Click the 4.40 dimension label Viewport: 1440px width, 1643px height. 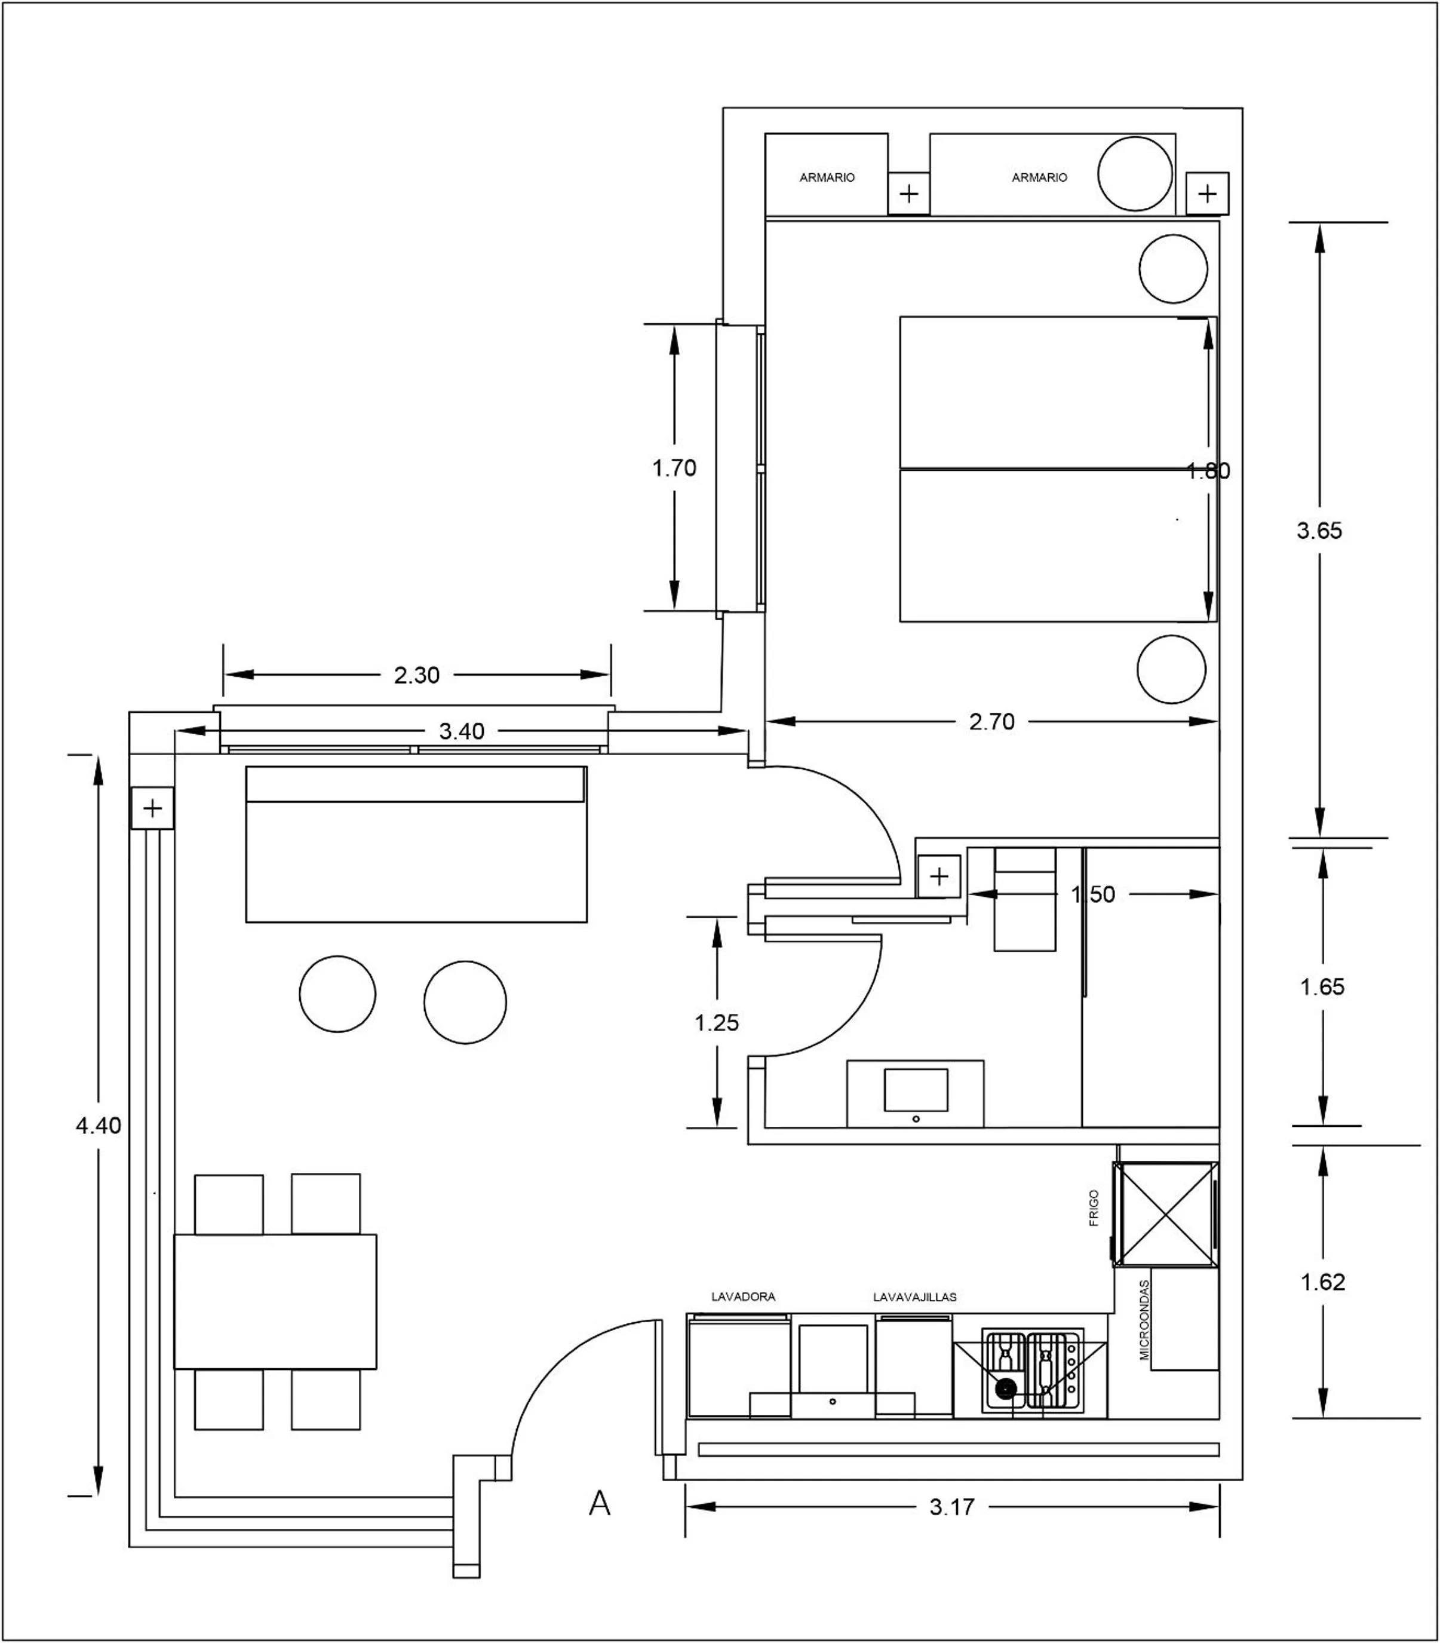98,1126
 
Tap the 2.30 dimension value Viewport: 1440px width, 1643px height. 416,675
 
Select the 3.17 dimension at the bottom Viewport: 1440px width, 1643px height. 951,1507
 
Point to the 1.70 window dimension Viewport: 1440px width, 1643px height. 673,468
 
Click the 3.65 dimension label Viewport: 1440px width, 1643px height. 1319,531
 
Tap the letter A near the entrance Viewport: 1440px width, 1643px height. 600,1503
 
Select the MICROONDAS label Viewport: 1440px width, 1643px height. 1145,1320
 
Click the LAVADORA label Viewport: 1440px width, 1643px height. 744,1296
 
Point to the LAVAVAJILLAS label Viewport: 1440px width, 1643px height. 914,1296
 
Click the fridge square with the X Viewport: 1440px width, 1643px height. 1165,1214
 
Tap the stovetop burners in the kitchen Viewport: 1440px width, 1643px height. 1033,1371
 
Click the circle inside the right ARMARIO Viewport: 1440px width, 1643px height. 1135,174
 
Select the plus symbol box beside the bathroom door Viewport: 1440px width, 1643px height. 938,876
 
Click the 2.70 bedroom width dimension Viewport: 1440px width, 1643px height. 991,722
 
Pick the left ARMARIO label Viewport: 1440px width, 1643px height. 827,177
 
